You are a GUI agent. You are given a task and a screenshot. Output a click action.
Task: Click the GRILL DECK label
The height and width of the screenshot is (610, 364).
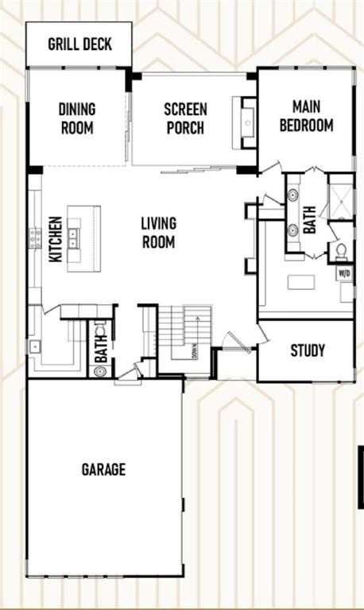coord(79,44)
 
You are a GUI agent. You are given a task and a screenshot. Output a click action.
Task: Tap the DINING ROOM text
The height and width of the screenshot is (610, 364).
coord(77,118)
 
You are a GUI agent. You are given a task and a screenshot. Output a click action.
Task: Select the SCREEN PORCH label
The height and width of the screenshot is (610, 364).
coord(185,118)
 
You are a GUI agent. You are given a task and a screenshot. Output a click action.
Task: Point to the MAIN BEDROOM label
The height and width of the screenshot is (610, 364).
coord(307,116)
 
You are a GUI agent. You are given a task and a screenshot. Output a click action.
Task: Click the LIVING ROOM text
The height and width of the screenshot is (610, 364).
coord(158,233)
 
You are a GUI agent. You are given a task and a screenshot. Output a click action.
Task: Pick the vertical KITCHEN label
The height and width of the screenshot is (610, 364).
coord(56,239)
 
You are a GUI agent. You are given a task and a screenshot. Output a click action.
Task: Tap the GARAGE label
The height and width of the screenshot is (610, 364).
coord(103,469)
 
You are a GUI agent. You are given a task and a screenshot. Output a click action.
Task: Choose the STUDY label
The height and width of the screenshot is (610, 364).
coord(308,350)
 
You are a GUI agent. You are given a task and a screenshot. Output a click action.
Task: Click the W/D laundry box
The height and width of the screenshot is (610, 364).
coord(345,273)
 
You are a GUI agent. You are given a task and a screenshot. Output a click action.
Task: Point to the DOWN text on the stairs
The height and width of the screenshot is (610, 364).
coord(195,351)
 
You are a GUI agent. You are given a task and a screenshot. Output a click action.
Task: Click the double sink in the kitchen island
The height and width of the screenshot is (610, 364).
coord(73,237)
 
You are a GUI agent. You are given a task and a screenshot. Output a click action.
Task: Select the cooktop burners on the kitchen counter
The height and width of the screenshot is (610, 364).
coord(35,237)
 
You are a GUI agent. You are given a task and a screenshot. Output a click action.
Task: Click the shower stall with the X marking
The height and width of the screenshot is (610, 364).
coord(341,202)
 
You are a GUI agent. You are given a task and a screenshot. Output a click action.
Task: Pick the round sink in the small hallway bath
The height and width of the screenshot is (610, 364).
coord(100,371)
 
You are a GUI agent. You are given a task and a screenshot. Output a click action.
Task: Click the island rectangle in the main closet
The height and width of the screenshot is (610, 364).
coord(301,282)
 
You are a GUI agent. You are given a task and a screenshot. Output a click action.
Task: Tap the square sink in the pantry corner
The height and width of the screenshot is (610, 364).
coord(34,346)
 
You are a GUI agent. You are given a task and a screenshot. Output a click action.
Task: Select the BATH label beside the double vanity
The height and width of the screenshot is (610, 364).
coord(310,220)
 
